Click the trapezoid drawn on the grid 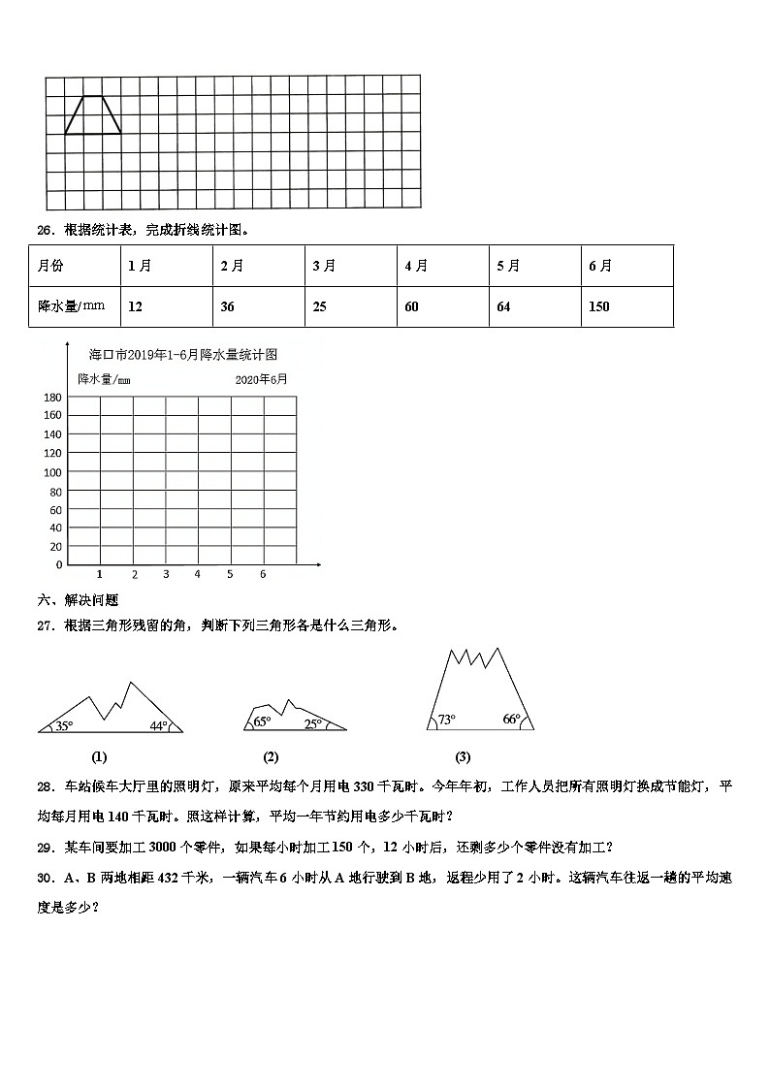click(x=93, y=115)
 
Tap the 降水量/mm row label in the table click(x=71, y=306)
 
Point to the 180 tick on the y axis click(x=52, y=397)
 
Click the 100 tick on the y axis click(x=52, y=472)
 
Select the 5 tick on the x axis click(x=230, y=574)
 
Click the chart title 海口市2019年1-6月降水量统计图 click(x=182, y=355)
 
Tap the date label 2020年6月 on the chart click(x=261, y=380)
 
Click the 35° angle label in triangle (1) click(x=64, y=725)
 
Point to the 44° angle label click(x=159, y=725)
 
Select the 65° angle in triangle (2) click(x=262, y=722)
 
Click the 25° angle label click(x=312, y=723)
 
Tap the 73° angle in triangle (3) click(x=446, y=720)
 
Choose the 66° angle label click(x=512, y=719)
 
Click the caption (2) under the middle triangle click(x=271, y=757)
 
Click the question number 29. click(x=44, y=847)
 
